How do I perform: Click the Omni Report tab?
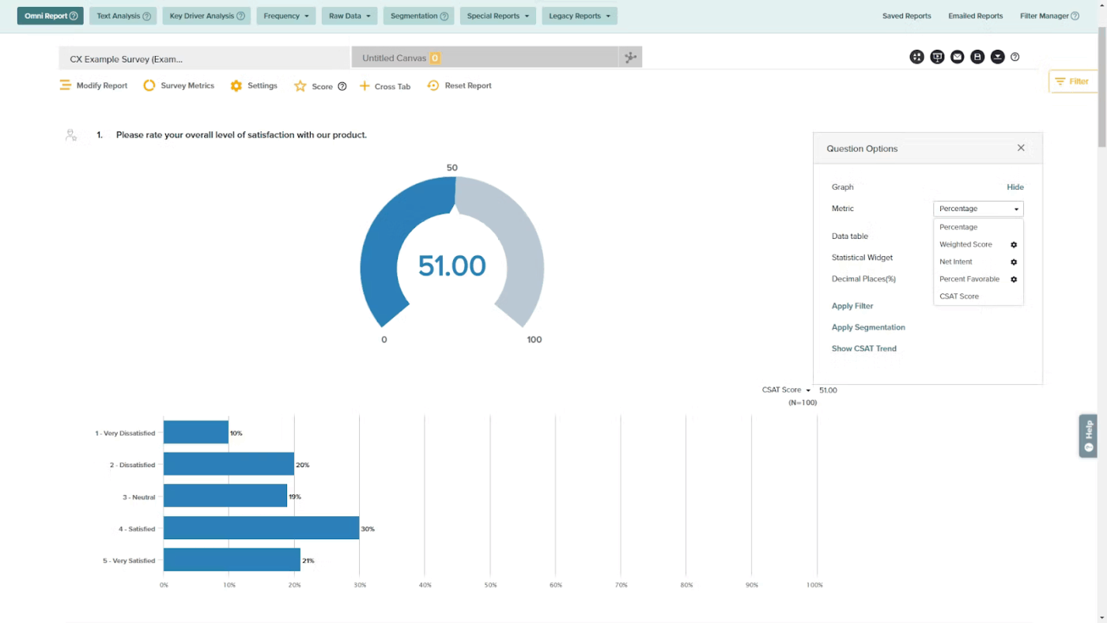coord(50,16)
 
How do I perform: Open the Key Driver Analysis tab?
coord(206,16)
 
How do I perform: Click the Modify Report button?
coord(93,85)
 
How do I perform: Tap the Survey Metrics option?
coord(179,85)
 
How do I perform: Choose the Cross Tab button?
coord(385,86)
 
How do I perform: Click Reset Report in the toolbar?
coord(459,85)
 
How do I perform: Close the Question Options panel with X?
coord(1021,148)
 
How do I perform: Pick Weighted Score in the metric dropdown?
coord(965,244)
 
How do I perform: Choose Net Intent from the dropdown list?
coord(956,262)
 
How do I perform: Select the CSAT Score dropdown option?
coord(959,296)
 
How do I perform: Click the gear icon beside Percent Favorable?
coord(1014,279)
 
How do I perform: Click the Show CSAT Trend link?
coord(863,349)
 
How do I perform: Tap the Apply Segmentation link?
coord(868,327)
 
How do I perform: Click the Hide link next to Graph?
coord(1014,187)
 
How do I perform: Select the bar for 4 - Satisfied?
coord(261,528)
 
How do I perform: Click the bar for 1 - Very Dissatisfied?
coord(196,432)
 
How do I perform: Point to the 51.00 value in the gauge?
coord(451,266)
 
